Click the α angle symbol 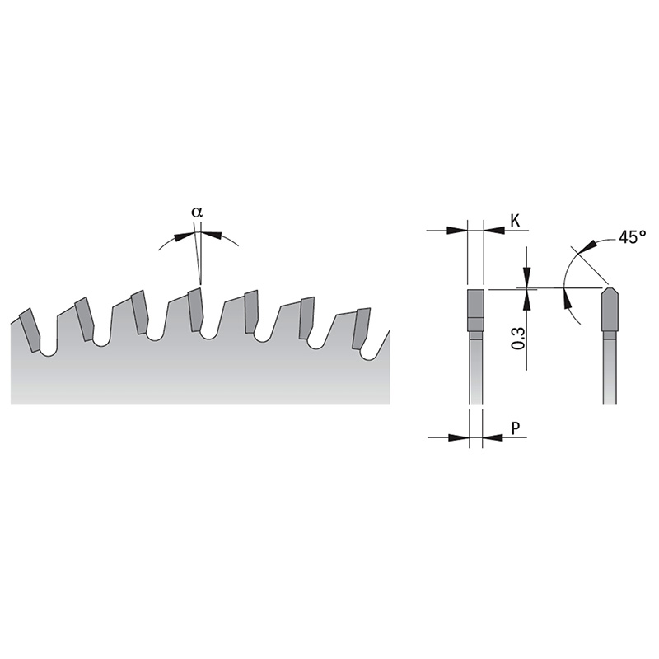click(196, 212)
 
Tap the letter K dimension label click(515, 220)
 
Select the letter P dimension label click(515, 428)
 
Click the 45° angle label click(632, 237)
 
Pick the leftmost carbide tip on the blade click(30, 328)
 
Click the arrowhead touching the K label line click(491, 231)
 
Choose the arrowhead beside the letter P click(491, 438)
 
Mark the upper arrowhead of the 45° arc click(587, 245)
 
